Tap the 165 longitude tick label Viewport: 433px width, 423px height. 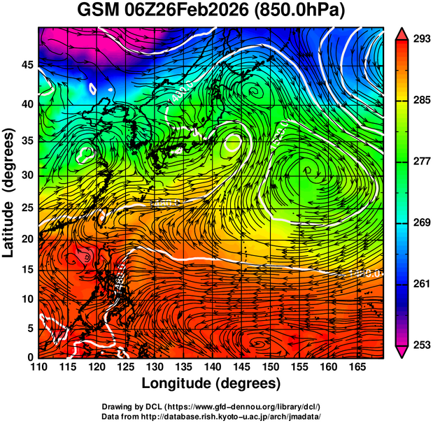pyautogui.click(x=355, y=366)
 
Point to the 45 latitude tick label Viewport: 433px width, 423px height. pyautogui.click(x=26, y=65)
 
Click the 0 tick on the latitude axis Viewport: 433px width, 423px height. pyautogui.click(x=29, y=357)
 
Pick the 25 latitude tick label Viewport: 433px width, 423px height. pyautogui.click(x=26, y=207)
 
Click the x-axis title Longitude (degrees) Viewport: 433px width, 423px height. pyautogui.click(x=211, y=384)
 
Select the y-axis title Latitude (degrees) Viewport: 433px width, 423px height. pyautogui.click(x=9, y=192)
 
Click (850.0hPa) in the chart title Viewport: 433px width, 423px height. pyautogui.click(x=301, y=12)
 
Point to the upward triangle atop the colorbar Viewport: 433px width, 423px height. pyautogui.click(x=402, y=33)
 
